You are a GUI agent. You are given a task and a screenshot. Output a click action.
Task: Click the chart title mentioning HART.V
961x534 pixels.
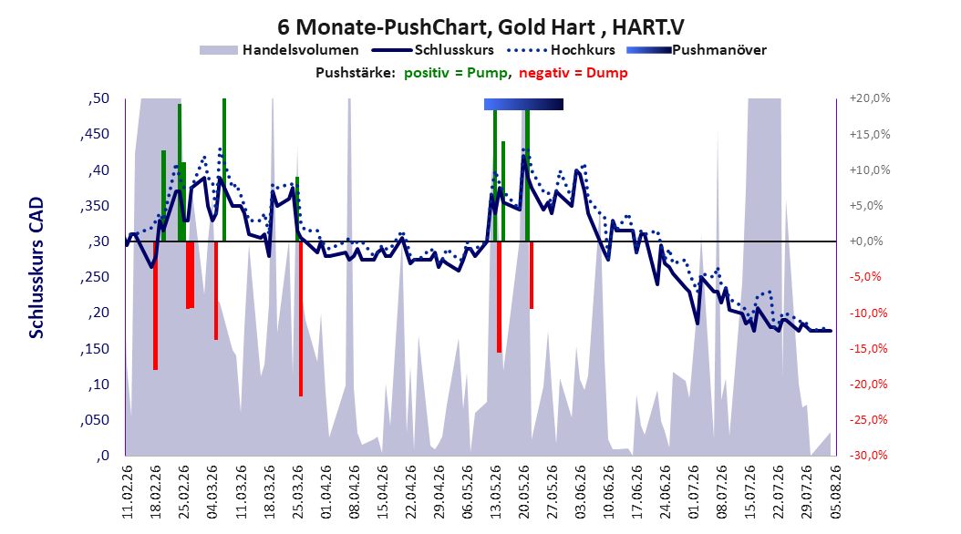click(480, 27)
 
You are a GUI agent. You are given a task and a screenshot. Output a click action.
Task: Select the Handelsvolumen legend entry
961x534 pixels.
click(280, 50)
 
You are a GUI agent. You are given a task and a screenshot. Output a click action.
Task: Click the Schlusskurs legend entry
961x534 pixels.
click(433, 50)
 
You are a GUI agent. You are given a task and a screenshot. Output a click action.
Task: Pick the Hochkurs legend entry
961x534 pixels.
click(562, 50)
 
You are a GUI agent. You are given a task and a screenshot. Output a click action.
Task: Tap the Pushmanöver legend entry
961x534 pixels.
click(697, 50)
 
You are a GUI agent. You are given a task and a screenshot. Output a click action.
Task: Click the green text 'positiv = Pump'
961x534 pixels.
click(455, 73)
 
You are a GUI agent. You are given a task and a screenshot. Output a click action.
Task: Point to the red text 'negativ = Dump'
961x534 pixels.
click(573, 73)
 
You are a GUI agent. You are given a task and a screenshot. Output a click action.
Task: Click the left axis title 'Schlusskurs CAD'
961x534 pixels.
click(36, 268)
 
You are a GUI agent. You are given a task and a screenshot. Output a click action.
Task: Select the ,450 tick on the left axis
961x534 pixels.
click(95, 134)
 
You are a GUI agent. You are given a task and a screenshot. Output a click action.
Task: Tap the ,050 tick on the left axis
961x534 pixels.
click(95, 420)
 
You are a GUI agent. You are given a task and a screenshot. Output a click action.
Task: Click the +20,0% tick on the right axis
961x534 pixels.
click(870, 98)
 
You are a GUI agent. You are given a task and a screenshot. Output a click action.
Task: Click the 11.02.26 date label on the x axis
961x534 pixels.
click(128, 492)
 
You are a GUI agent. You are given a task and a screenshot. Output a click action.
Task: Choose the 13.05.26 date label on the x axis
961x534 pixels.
click(495, 492)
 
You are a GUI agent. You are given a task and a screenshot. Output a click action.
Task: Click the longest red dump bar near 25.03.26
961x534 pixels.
click(301, 318)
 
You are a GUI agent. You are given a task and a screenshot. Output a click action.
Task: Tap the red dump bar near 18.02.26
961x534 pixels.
click(156, 305)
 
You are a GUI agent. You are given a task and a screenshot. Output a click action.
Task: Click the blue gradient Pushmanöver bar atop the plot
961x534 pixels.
click(523, 104)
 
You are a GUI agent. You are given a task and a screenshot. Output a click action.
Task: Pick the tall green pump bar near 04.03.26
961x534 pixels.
click(224, 169)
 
